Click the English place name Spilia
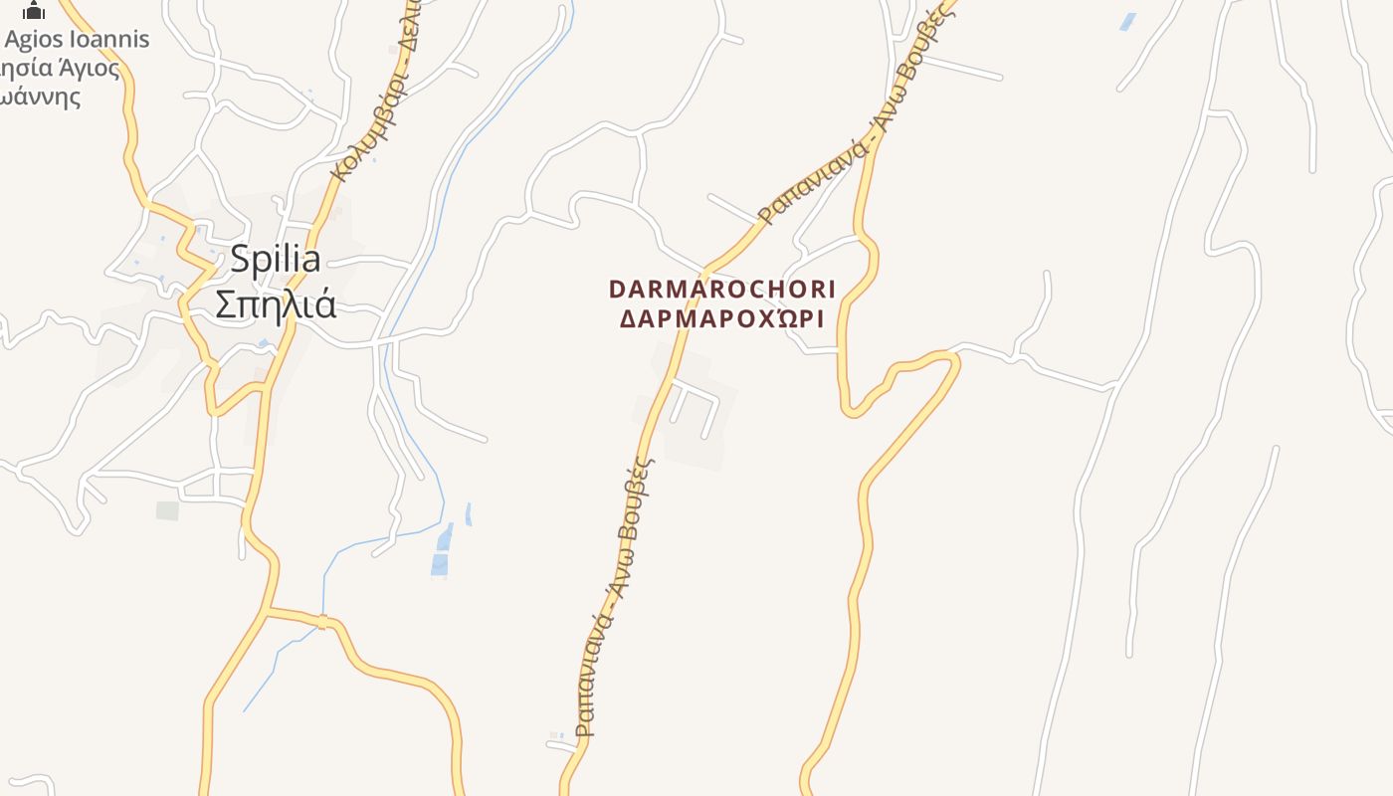pos(276,260)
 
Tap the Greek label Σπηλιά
pos(276,303)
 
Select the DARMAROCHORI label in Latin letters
pos(722,290)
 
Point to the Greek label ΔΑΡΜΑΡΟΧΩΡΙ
pos(722,319)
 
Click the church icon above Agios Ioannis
pos(34,11)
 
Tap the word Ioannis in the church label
pos(109,40)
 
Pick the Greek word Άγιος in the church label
pos(91,69)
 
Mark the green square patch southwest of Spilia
pos(167,510)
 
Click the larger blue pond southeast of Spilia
pos(441,550)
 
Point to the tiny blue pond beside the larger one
pos(468,513)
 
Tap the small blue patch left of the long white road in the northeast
pos(1127,21)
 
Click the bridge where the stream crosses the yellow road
pos(322,622)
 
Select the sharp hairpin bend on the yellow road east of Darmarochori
pos(851,408)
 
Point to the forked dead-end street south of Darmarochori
pos(694,398)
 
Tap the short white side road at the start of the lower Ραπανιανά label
pos(563,741)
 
